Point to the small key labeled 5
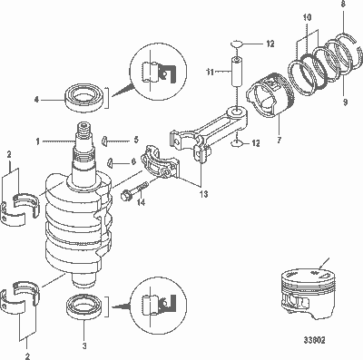point(106,141)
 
